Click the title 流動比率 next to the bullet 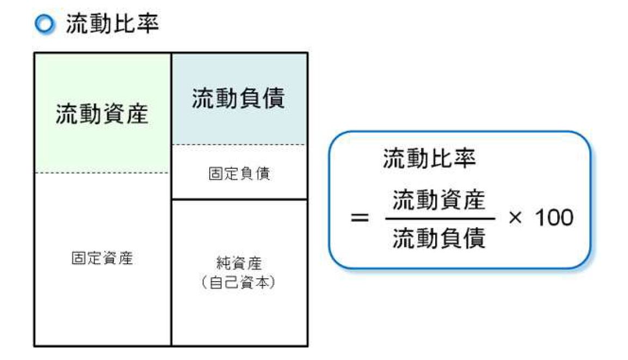[112, 25]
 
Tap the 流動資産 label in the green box [102, 115]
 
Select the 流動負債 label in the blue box [239, 100]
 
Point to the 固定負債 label [239, 174]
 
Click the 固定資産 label [102, 258]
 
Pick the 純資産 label [239, 265]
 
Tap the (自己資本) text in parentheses [239, 283]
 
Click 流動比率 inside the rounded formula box [429, 158]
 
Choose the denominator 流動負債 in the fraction [438, 238]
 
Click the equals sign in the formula [359, 219]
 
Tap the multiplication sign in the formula [515, 218]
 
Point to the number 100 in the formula [553, 218]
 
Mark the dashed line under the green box [102, 173]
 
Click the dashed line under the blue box [239, 145]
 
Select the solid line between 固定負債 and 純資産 [239, 199]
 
